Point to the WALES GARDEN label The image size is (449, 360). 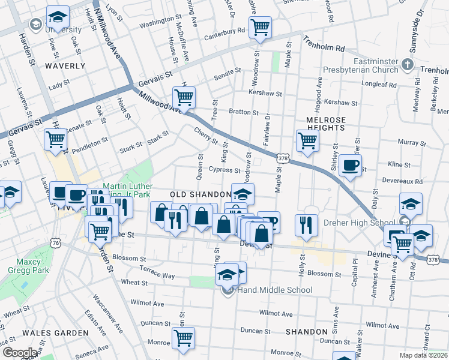[55, 332]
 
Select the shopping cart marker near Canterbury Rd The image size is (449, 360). [260, 27]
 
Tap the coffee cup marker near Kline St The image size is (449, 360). [350, 165]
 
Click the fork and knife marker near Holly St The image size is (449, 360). [306, 225]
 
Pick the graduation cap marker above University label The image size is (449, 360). [58, 16]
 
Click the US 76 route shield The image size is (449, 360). [56, 243]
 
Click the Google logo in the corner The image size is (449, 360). [20, 352]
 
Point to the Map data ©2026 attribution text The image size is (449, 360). [423, 355]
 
